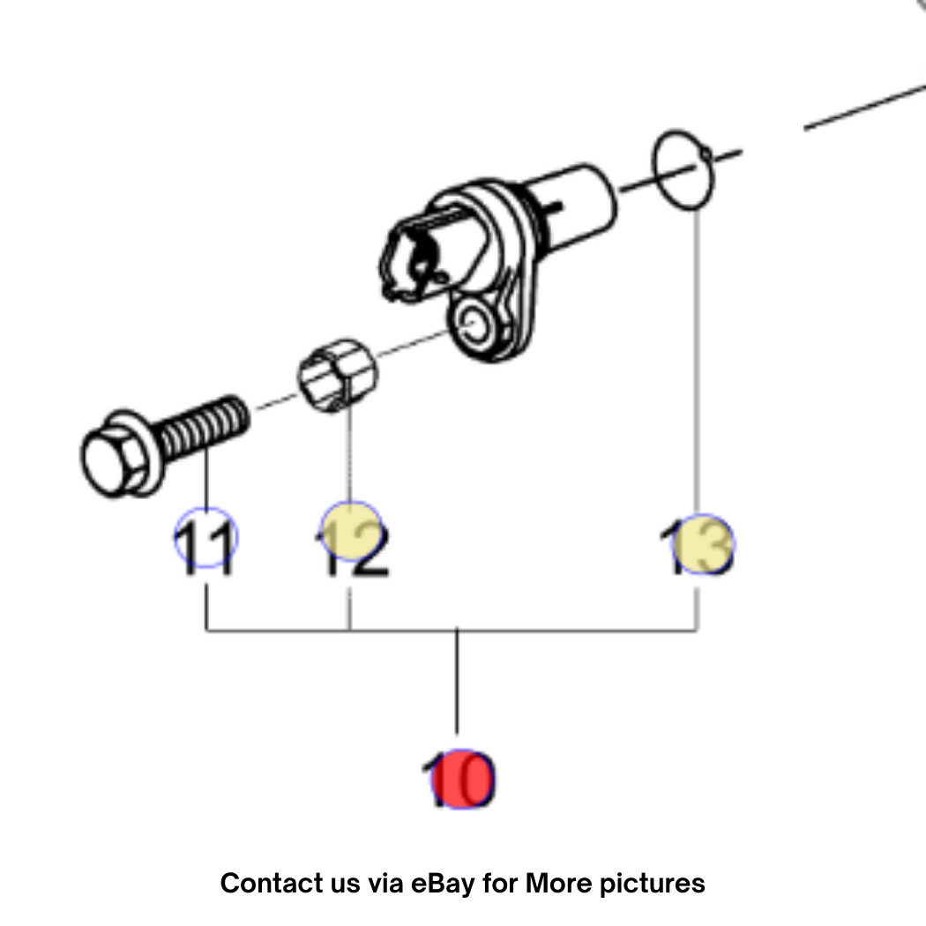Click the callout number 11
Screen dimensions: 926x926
(205, 548)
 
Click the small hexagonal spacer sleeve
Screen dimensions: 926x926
(337, 376)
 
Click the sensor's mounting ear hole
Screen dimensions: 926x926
(473, 323)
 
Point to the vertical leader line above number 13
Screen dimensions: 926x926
(697, 362)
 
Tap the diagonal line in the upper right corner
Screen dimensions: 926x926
(864, 107)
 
